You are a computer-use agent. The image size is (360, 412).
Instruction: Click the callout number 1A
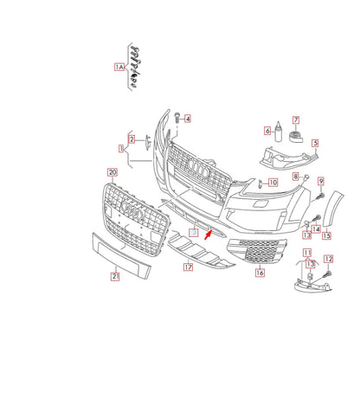coord(119,67)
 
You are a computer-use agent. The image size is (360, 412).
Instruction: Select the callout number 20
coord(112,172)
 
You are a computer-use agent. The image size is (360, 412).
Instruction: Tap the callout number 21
coord(113,276)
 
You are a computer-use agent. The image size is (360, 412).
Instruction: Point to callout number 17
coord(187,268)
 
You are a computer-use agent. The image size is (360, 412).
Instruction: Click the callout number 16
coord(259,273)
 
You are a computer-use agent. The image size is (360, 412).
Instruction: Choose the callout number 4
coord(187,118)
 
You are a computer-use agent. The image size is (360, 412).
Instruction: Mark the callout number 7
coord(295,119)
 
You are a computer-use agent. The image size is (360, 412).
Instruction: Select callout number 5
coord(315,144)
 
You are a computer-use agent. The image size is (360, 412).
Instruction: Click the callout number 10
coord(272,183)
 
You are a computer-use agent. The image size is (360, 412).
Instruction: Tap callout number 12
coord(328,259)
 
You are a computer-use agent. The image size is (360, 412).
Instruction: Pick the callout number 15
coord(326,235)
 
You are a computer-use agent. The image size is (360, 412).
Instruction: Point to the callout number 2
coord(132,139)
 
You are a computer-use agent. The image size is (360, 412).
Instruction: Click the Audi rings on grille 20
coord(132,209)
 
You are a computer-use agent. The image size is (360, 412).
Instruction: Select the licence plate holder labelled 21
coord(120,256)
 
